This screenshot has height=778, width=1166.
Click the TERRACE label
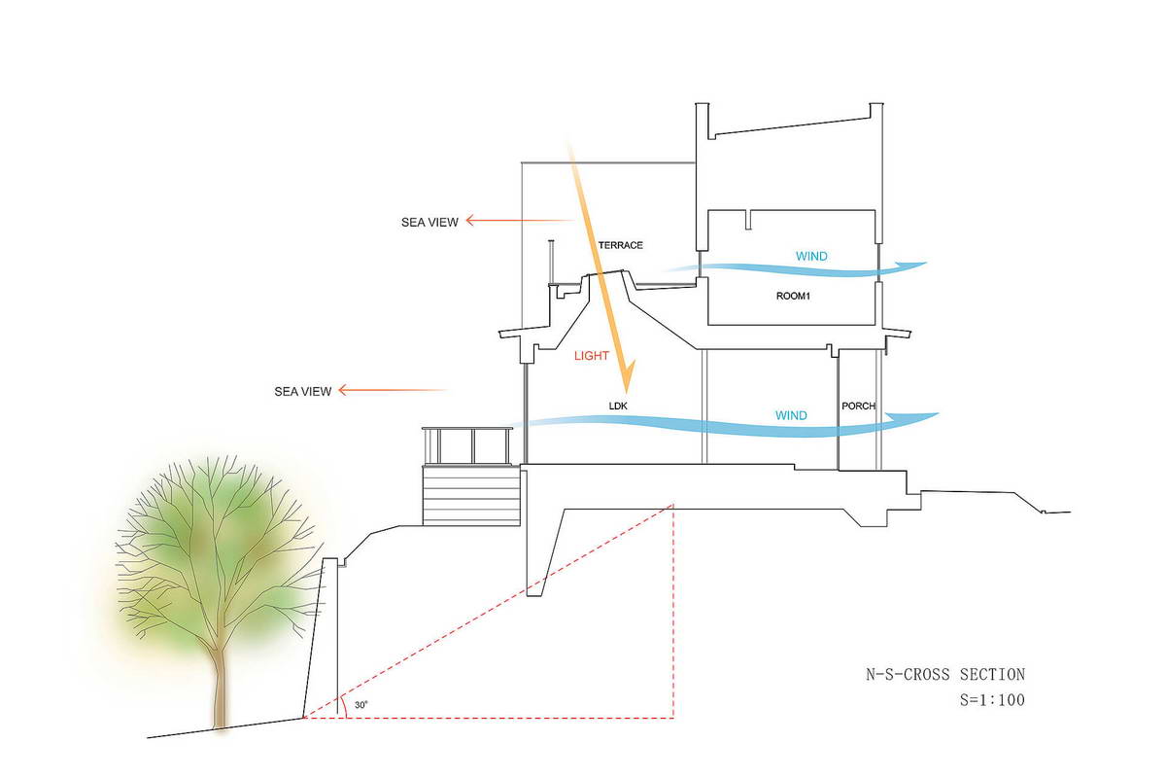click(621, 245)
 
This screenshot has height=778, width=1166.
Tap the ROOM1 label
click(793, 296)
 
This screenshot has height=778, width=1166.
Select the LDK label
click(618, 406)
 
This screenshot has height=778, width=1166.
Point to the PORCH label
click(859, 406)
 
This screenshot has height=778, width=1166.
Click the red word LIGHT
click(592, 356)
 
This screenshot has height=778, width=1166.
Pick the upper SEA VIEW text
click(429, 223)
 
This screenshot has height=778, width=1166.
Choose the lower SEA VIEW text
click(303, 391)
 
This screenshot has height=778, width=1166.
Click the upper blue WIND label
click(811, 257)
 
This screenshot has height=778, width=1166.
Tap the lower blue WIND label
click(791, 415)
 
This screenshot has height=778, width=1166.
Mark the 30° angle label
click(361, 704)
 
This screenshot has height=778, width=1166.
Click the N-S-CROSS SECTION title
click(945, 674)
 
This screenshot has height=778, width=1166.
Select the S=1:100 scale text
click(993, 699)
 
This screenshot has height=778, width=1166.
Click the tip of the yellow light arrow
click(628, 393)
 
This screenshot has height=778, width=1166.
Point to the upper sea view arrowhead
click(467, 221)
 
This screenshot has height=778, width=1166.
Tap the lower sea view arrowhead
click(340, 390)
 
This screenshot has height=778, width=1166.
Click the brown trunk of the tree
click(221, 688)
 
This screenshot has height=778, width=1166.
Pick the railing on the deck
click(467, 445)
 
